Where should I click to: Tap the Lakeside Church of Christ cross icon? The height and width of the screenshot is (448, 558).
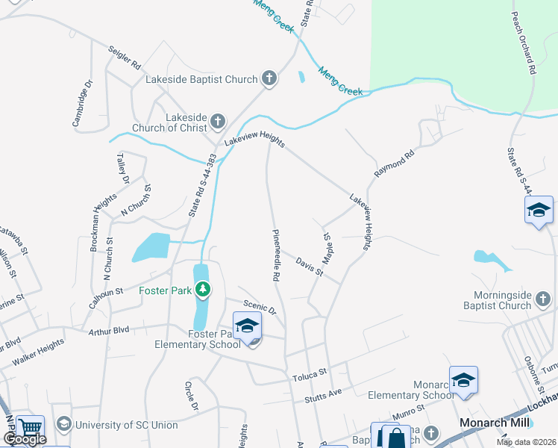click(218, 121)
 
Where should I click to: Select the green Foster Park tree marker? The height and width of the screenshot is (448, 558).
click(202, 289)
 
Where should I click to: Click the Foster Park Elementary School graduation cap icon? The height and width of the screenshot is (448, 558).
click(247, 325)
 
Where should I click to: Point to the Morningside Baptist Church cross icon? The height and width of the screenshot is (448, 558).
click(543, 300)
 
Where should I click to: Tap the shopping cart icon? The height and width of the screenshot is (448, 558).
click(30, 429)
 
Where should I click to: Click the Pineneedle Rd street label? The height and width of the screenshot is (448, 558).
click(275, 255)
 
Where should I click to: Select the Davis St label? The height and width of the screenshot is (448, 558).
click(309, 267)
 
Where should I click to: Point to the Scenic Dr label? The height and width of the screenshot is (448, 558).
click(260, 306)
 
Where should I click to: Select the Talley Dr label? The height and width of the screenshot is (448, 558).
click(123, 169)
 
